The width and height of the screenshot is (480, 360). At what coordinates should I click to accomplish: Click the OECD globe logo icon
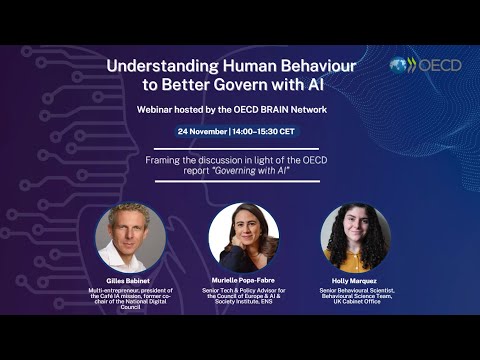pos(400,66)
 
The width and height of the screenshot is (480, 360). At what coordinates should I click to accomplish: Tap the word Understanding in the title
pos(165,66)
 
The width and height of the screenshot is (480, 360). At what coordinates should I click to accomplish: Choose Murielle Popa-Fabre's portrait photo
pos(243,238)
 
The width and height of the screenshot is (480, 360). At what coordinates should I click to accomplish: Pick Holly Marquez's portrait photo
pos(356,238)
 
